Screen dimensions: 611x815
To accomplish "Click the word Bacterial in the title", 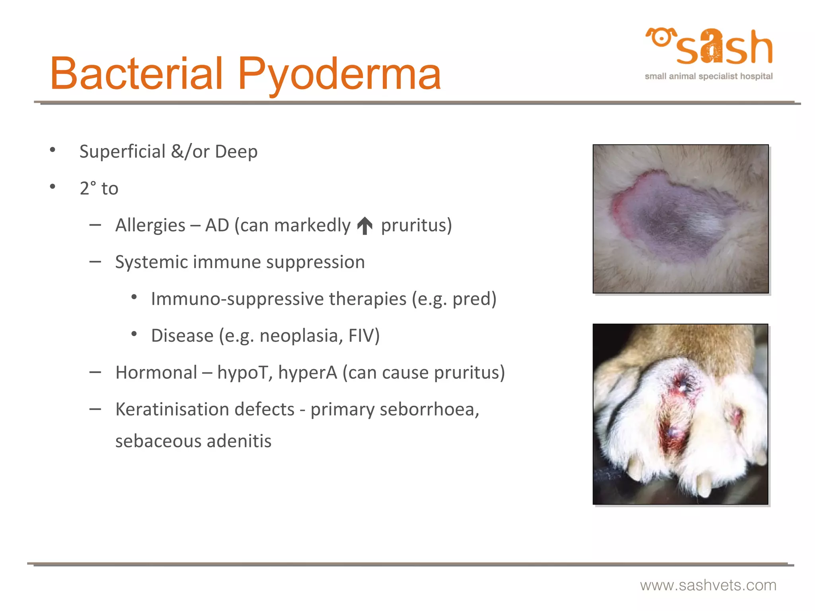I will pos(136,74).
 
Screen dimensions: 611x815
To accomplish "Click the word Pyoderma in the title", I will pos(339,74).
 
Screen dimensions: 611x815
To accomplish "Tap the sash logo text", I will pos(724,48).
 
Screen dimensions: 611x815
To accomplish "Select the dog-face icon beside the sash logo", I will pos(661,38).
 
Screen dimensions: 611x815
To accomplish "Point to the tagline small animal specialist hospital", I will pos(708,76).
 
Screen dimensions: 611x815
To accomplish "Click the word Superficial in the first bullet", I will pos(122,152).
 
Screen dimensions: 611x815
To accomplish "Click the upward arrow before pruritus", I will pos(365,226).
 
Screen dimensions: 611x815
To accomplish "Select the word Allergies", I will pos(150,226).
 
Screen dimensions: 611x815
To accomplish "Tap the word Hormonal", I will pos(156,373).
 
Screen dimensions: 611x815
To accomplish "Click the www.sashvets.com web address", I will pos(708,586).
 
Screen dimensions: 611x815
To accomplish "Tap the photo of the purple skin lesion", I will pos(680,219).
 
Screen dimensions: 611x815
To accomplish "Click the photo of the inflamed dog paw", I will pos(680,414).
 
